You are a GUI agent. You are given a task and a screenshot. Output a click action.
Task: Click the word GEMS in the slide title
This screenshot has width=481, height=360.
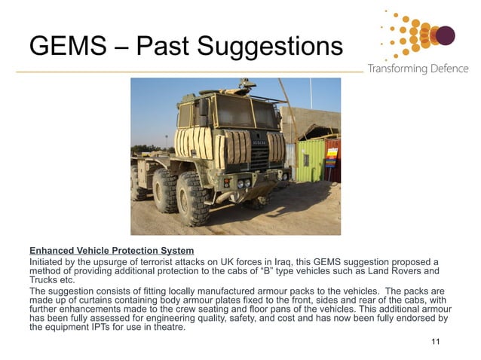tap(64, 46)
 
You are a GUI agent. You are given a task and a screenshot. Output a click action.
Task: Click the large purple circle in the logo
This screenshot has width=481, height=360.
tap(446, 35)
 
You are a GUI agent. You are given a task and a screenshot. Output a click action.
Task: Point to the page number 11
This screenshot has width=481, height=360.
tap(435, 343)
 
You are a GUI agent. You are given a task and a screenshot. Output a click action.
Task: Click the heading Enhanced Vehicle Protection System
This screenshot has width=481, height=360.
tap(112, 251)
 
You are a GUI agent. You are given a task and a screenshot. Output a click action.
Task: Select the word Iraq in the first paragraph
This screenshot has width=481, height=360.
tap(290, 261)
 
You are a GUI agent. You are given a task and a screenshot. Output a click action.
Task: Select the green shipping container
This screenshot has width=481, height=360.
tap(311, 159)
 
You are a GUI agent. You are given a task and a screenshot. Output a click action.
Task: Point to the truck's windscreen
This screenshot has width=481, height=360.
tap(243, 114)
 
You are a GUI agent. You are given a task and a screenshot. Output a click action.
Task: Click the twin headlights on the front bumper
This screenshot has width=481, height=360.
tap(242, 183)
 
